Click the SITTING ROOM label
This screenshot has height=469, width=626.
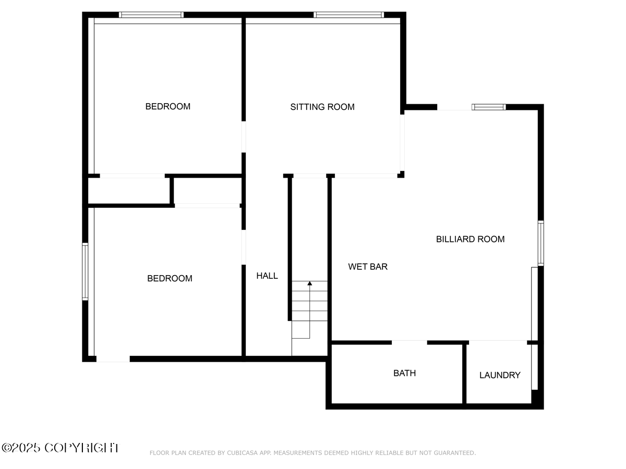322,107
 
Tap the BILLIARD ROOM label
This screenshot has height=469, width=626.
470,239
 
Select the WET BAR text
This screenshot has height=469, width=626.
368,267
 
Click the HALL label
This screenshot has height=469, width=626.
267,276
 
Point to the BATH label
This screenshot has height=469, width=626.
404,373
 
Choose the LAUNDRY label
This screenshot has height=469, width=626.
500,375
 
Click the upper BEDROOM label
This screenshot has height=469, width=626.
167,106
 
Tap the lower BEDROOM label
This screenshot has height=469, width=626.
170,278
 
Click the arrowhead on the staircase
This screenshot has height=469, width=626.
310,283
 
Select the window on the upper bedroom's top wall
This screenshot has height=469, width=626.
151,15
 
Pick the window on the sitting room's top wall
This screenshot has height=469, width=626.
348,15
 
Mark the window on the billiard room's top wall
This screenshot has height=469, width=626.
489,107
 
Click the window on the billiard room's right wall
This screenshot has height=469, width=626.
541,243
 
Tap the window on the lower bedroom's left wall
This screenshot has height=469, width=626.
85,271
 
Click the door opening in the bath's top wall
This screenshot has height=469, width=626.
410,342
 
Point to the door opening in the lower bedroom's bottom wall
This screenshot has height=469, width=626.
113,359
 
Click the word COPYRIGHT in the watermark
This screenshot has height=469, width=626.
81,448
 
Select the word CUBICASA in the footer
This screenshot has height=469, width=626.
242,453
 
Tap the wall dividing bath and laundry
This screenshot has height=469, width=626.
464,373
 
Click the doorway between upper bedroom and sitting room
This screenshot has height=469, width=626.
244,137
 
